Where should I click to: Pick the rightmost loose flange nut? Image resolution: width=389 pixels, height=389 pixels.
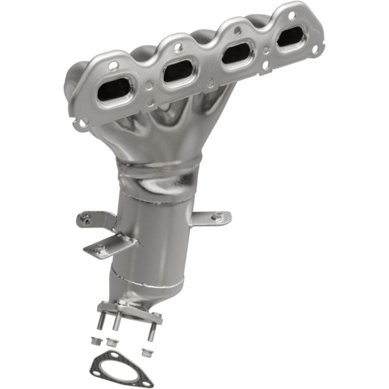(x=147, y=352)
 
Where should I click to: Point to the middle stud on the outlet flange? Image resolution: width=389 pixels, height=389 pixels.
(x=118, y=323)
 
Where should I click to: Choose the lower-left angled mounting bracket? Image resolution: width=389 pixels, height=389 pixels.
(x=108, y=246)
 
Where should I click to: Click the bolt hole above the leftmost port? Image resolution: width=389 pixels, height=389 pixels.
(x=113, y=65)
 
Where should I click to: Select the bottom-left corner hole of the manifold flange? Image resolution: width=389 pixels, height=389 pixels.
(x=82, y=122)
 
